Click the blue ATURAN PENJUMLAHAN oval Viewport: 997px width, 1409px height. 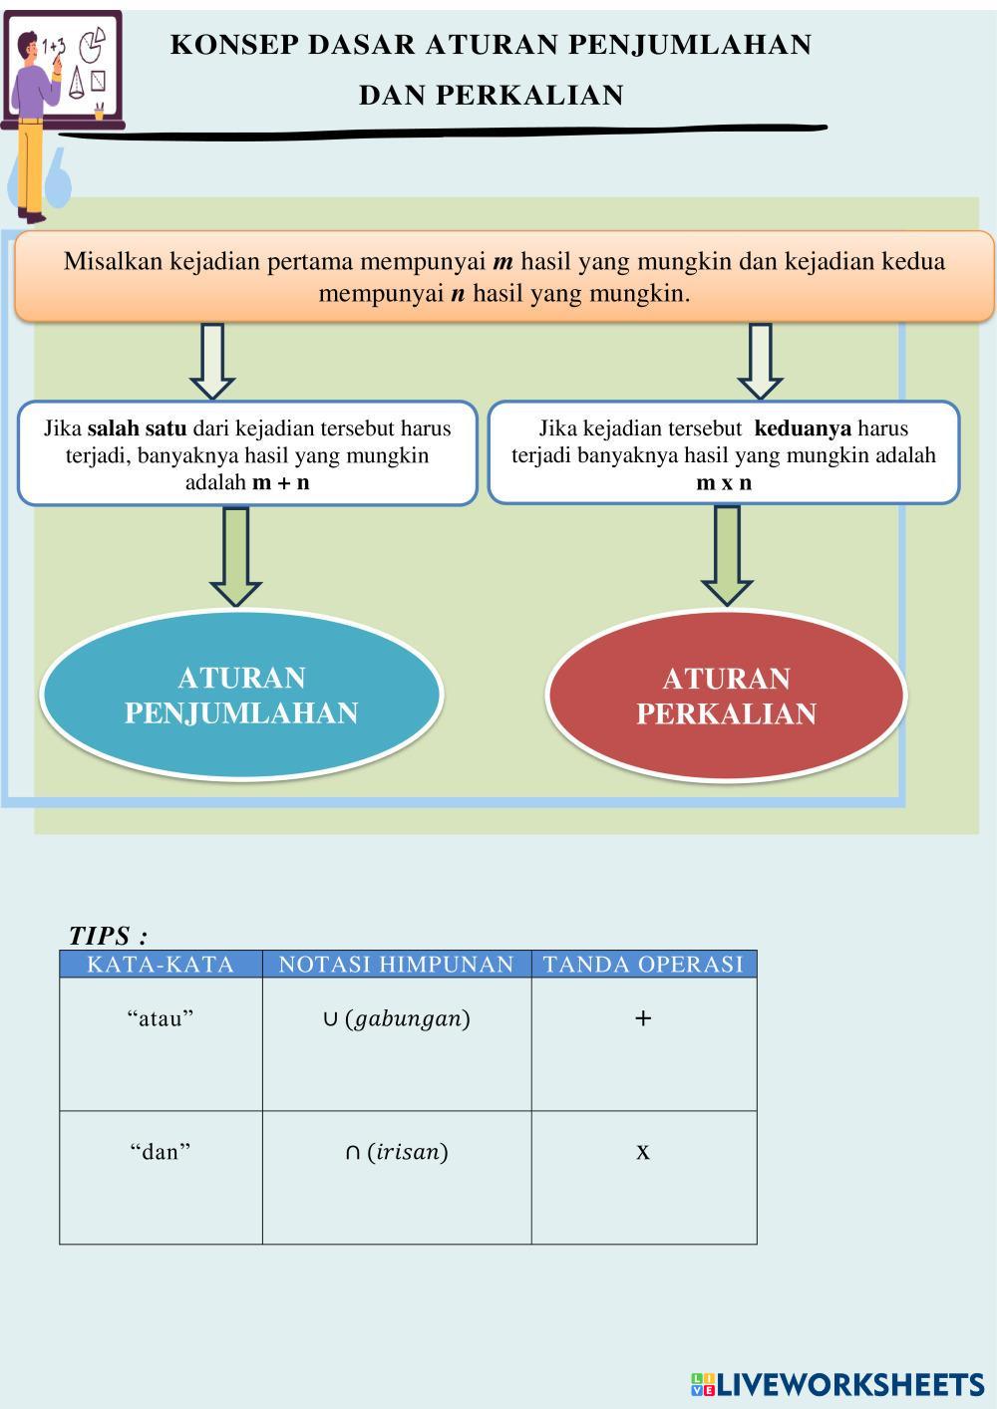pyautogui.click(x=241, y=695)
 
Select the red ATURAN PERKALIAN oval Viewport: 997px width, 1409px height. pyautogui.click(x=726, y=696)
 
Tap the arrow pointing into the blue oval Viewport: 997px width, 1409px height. pyautogui.click(x=236, y=556)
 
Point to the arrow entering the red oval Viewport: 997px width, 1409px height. pyautogui.click(x=727, y=555)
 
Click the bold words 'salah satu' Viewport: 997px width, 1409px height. pyautogui.click(x=137, y=428)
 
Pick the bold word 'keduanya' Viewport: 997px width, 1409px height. pyautogui.click(x=803, y=428)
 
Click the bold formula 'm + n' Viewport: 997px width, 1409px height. pyautogui.click(x=280, y=482)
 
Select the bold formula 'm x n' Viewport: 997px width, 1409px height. pyautogui.click(x=724, y=483)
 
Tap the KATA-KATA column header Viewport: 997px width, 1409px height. pyautogui.click(x=161, y=965)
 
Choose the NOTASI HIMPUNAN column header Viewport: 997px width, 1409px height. pyautogui.click(x=396, y=965)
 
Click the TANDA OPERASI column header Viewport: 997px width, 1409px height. pyautogui.click(x=643, y=965)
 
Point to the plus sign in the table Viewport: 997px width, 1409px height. pyautogui.click(x=643, y=1018)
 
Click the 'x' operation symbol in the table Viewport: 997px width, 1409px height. pyautogui.click(x=643, y=1152)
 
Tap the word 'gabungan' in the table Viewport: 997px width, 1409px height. pyautogui.click(x=407, y=1019)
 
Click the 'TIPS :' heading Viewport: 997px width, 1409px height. pyautogui.click(x=108, y=936)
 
